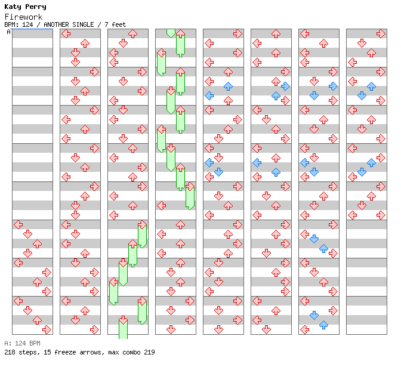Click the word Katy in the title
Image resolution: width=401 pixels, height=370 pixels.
tap(13, 7)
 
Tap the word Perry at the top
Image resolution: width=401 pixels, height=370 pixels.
tap(36, 7)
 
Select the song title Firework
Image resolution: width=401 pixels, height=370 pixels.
tap(24, 17)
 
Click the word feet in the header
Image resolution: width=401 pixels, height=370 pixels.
tap(119, 24)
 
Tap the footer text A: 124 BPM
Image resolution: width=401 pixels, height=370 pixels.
tap(22, 344)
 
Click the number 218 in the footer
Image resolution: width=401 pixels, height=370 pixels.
tap(10, 352)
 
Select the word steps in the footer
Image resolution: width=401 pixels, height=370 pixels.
tap(27, 352)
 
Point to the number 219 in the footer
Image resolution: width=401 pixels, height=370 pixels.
tap(149, 352)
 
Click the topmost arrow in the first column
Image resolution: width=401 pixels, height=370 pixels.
tap(18, 224)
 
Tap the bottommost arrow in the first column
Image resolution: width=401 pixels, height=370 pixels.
tap(47, 329)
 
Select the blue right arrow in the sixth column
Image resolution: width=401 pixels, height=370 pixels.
tap(285, 86)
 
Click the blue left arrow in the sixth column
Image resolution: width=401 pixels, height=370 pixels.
tap(257, 162)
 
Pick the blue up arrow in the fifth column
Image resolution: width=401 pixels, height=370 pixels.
tap(228, 86)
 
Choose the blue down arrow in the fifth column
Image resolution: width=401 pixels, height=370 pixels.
tap(218, 172)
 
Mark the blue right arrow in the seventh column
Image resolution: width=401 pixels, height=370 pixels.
tap(333, 86)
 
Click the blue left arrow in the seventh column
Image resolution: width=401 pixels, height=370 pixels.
tap(304, 162)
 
